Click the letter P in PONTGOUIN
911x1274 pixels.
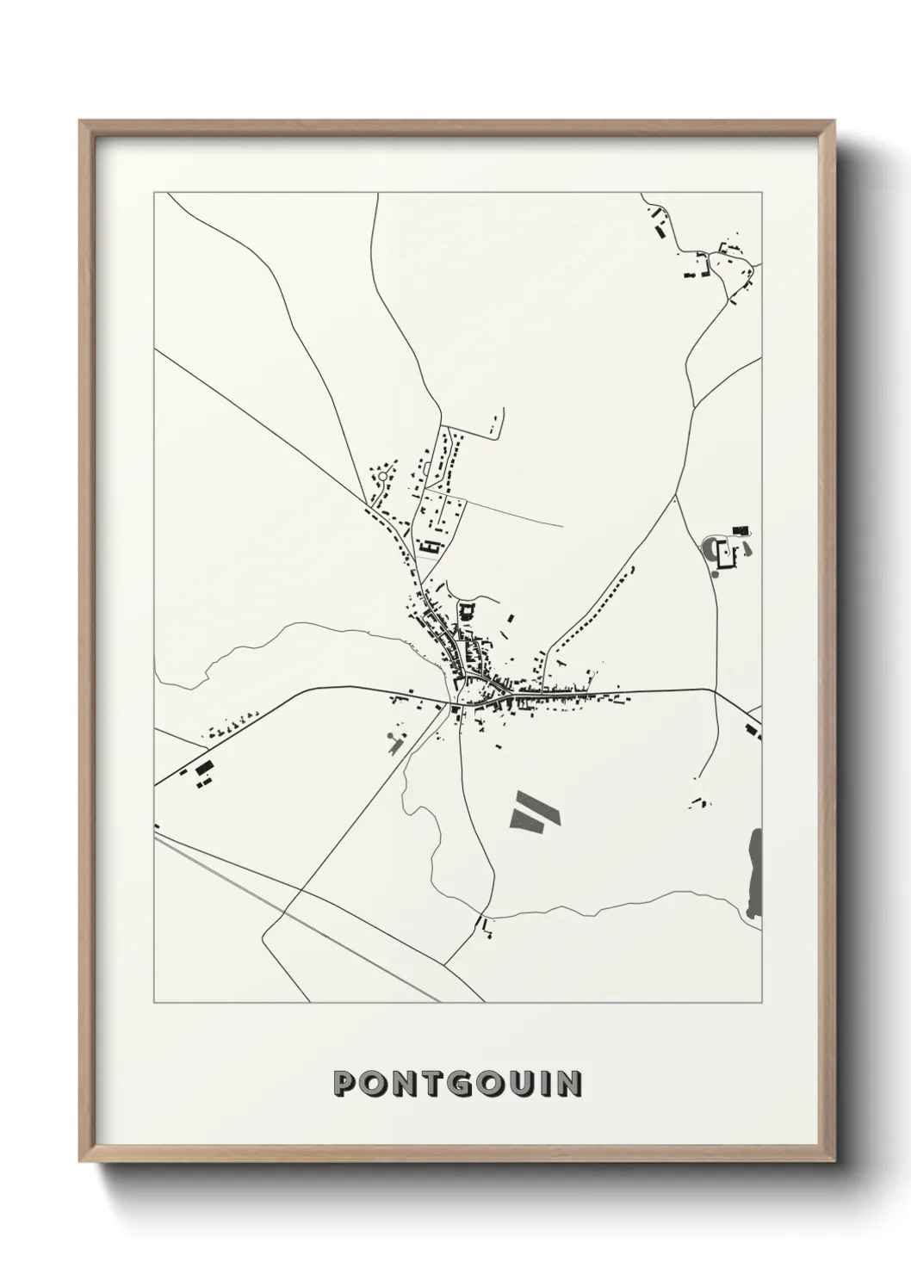(345, 1083)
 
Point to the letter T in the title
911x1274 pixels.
(422, 1083)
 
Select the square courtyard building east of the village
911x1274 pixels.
(727, 554)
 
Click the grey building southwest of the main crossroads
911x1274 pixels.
(395, 741)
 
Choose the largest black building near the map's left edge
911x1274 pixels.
(204, 766)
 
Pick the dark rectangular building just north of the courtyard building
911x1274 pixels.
(740, 529)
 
